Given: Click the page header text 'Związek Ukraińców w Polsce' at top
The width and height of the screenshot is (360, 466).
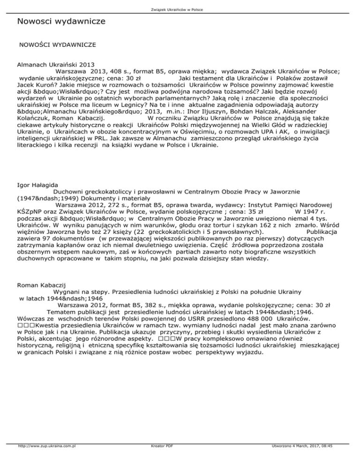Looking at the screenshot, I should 180,9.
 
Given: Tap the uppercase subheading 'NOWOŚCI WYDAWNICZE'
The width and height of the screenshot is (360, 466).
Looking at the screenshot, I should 57,45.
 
